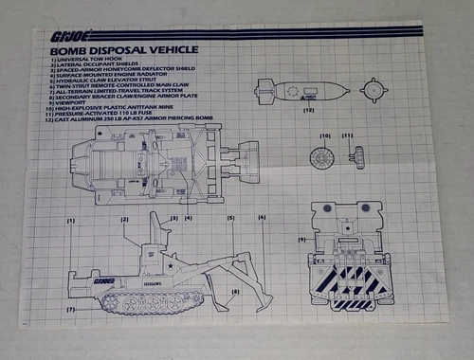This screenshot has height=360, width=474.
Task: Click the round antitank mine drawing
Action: coord(324,157)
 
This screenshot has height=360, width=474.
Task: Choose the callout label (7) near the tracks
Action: coord(69,310)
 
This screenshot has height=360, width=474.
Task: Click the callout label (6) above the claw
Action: coord(261,218)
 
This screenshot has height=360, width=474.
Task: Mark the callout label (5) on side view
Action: coord(230,219)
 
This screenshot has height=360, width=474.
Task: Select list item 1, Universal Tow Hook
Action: coord(84,60)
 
